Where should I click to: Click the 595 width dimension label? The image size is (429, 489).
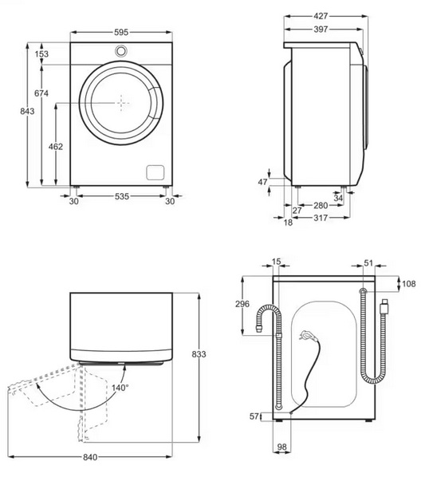point(121,33)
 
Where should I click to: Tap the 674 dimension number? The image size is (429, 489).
point(41,93)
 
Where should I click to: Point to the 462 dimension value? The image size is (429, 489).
point(56,147)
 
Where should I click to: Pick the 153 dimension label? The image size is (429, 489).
point(41,53)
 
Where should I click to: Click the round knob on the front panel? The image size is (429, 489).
point(121,51)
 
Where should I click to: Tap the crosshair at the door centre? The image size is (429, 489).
point(121,103)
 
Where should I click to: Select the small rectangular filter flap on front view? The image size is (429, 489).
point(155,172)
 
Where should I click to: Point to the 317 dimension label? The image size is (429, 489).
point(320,219)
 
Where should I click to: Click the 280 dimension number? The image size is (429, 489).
point(321,206)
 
